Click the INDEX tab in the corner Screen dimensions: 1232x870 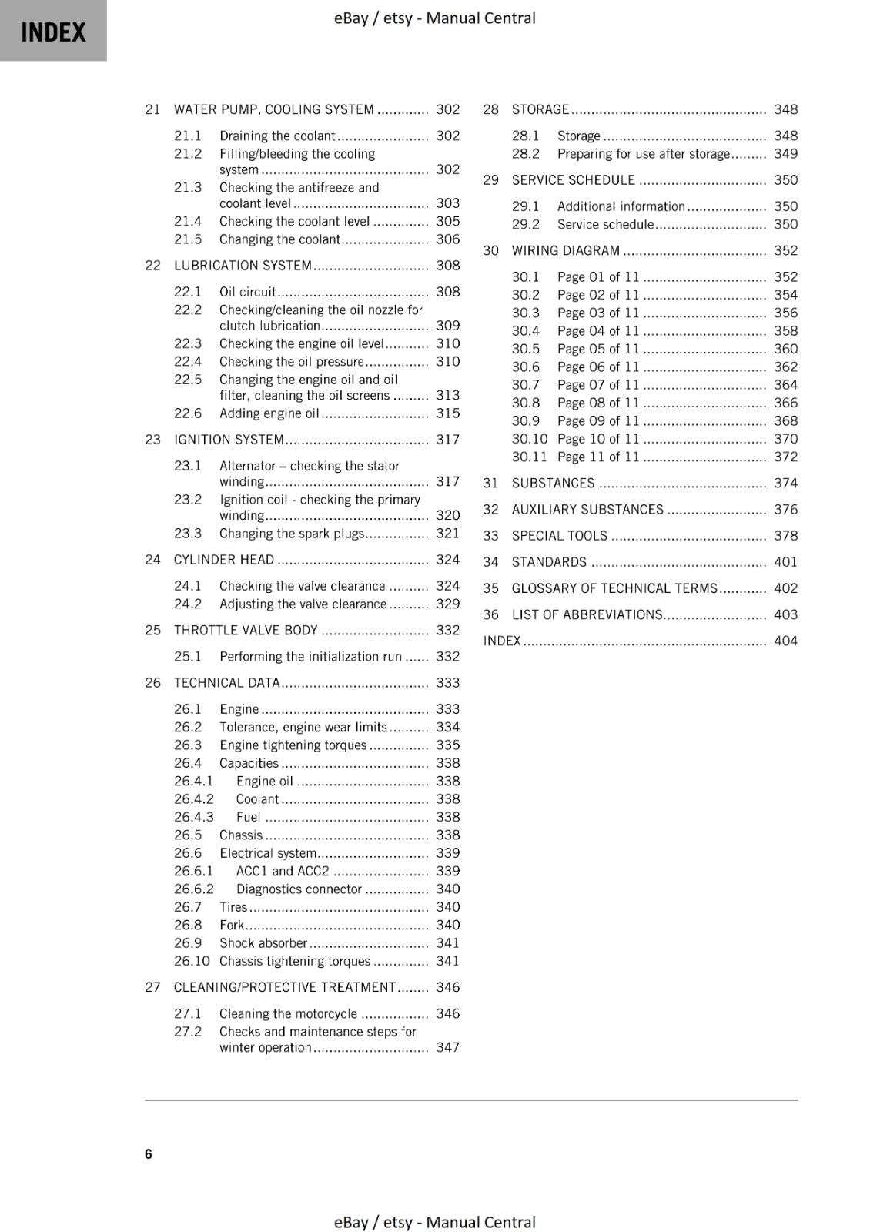(x=53, y=32)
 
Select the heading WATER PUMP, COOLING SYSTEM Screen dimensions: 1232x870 (x=273, y=109)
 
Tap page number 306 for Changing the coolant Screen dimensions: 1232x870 (x=447, y=239)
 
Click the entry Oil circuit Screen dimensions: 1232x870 (x=247, y=292)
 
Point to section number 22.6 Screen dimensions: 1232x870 (x=187, y=413)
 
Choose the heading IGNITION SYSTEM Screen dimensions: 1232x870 (x=229, y=440)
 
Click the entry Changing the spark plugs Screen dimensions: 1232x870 (x=291, y=534)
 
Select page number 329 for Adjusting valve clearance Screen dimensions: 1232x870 (x=447, y=604)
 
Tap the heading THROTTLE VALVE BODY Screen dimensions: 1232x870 (x=246, y=631)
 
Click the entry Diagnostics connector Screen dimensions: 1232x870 (x=299, y=889)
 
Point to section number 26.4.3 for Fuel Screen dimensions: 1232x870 (x=193, y=818)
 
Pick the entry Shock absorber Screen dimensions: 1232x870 (x=263, y=943)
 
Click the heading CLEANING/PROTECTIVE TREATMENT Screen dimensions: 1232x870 (x=284, y=987)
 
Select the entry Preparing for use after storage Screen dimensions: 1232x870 (x=643, y=154)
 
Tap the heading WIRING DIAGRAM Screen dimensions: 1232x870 (x=565, y=251)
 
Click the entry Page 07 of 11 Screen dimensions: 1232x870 (x=597, y=385)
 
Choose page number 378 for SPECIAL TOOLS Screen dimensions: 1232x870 (x=785, y=536)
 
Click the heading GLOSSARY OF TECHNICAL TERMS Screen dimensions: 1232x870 (x=614, y=588)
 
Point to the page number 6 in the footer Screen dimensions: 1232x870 (x=149, y=1153)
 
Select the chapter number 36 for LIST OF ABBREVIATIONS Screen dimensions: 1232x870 (x=490, y=615)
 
